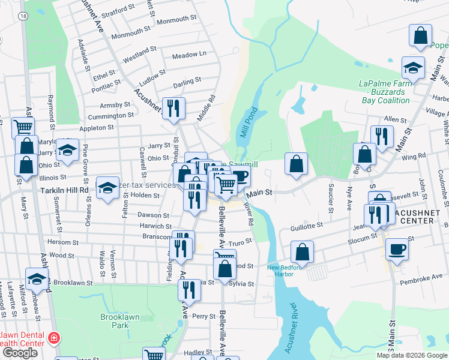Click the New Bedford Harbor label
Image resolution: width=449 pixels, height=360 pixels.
tap(280, 271)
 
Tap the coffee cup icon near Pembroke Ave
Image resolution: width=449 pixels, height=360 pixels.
tap(396, 248)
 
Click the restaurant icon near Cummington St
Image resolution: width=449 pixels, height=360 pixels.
tap(173, 108)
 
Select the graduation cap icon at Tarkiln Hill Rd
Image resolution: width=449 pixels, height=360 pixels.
tap(107, 188)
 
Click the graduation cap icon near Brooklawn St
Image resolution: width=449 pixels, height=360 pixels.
tap(37, 278)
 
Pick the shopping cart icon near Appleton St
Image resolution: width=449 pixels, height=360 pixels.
tap(23, 127)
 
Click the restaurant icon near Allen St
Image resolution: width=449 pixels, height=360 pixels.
tap(381, 136)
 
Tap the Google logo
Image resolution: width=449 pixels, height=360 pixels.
tap(20, 353)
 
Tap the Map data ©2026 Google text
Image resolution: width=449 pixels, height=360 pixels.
tap(411, 355)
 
